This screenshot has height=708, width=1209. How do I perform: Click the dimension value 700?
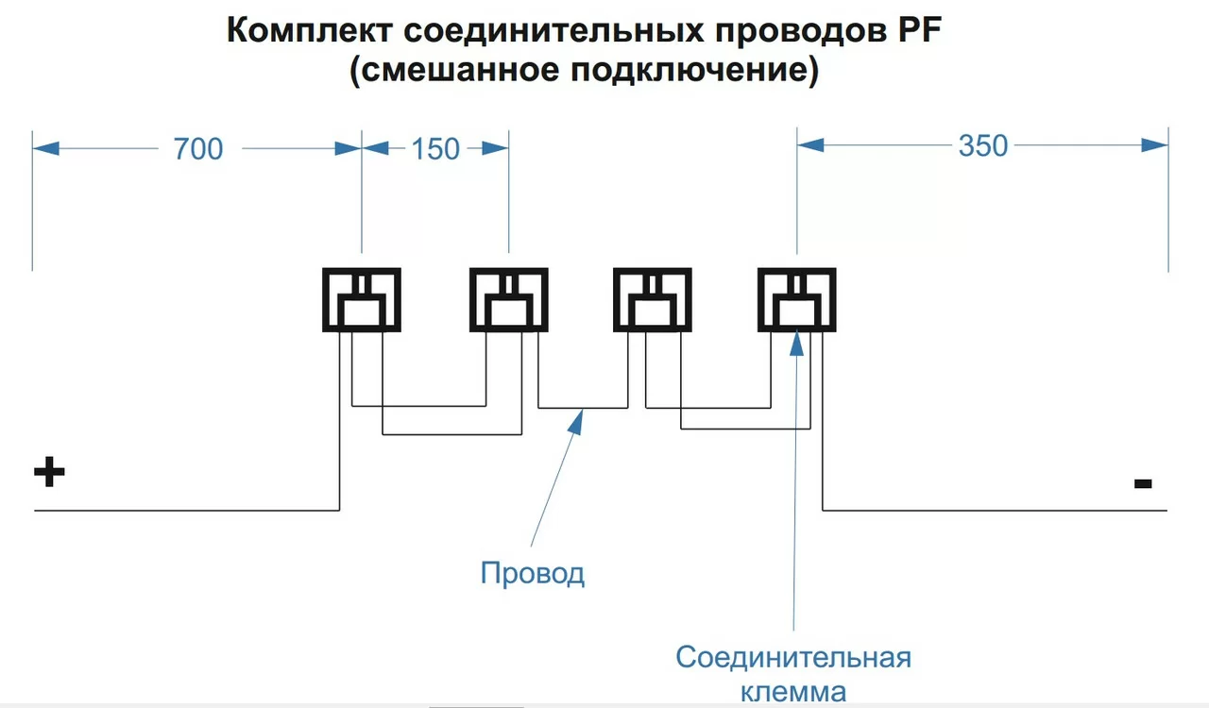click(198, 148)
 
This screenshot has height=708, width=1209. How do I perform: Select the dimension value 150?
click(435, 148)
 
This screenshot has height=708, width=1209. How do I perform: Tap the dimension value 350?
click(983, 146)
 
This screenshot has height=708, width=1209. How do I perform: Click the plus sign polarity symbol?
click(49, 472)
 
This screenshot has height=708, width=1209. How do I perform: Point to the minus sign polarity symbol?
click(1143, 484)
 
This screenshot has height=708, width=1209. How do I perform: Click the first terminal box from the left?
click(362, 300)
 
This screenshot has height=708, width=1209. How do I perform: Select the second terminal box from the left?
click(509, 300)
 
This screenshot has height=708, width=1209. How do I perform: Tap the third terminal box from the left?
click(653, 300)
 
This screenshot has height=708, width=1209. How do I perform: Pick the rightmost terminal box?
click(797, 300)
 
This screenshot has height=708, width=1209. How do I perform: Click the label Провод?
click(533, 573)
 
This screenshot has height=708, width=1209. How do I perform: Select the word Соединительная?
click(793, 657)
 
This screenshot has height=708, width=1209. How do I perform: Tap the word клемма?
click(793, 691)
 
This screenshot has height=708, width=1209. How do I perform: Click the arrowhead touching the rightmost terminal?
click(797, 339)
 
